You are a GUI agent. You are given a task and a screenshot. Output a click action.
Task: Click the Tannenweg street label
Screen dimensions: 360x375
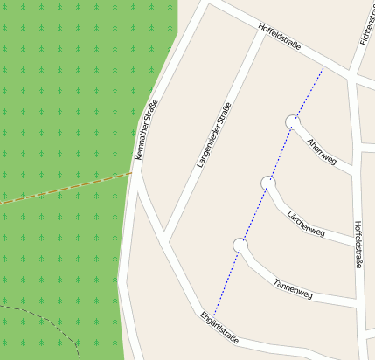pyautogui.click(x=293, y=289)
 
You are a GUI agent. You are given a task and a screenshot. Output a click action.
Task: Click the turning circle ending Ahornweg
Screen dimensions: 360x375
pyautogui.click(x=291, y=121)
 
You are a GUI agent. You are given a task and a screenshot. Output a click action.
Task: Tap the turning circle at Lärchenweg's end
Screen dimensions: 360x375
pyautogui.click(x=268, y=182)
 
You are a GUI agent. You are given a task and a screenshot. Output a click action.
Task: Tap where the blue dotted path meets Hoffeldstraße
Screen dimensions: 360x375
pyautogui.click(x=323, y=68)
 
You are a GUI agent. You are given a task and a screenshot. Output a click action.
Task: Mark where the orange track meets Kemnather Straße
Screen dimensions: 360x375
pyautogui.click(x=133, y=173)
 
